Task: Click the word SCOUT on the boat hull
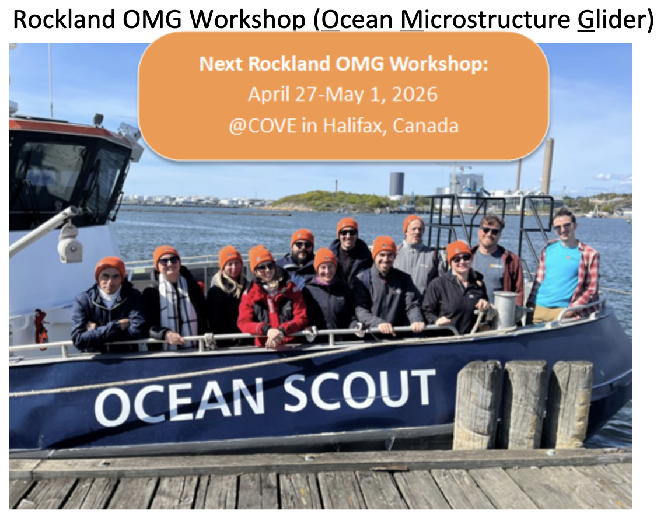(359, 392)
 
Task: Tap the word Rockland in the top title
(64, 19)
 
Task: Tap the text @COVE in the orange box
(263, 126)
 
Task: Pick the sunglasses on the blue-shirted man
(562, 226)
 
